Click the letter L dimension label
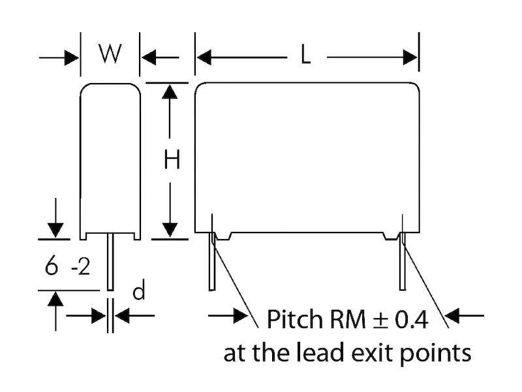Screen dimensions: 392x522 (305, 57)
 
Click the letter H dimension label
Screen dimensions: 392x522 (171, 160)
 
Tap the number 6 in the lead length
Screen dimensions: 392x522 (51, 267)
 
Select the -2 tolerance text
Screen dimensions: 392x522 (80, 268)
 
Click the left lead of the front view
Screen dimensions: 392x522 (212, 265)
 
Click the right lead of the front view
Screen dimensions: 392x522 (403, 265)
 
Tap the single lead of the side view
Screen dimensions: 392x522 (110, 265)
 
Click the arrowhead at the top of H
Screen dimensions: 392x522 (170, 91)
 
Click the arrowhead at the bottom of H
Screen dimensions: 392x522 (170, 229)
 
